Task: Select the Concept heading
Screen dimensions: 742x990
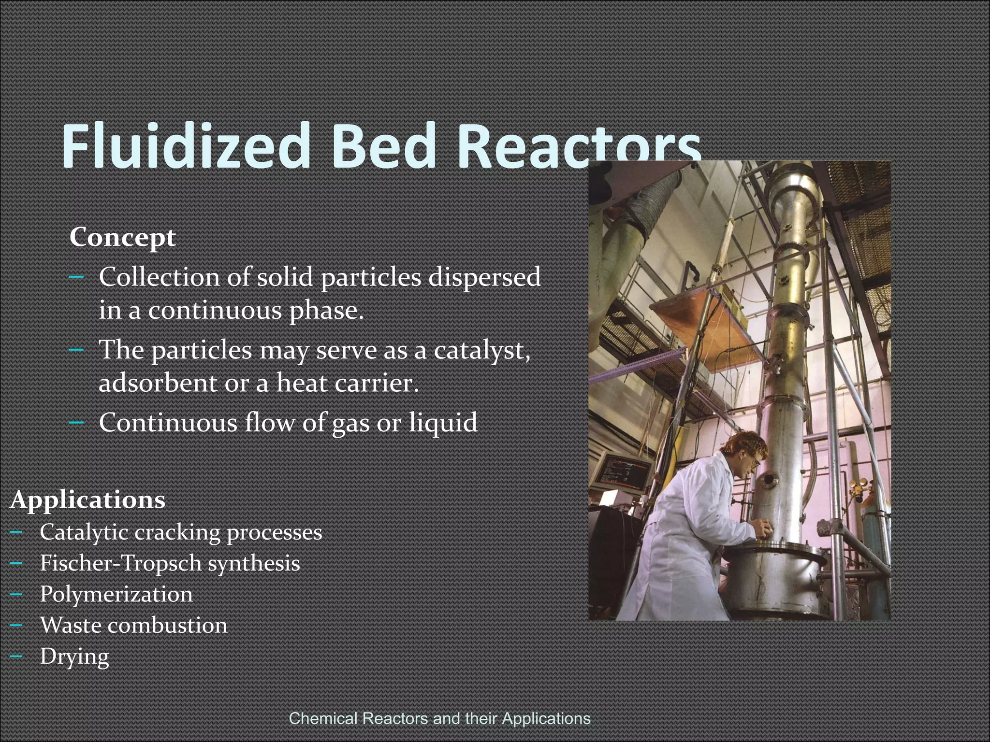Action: coord(122,237)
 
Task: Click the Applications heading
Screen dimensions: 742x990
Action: coord(87,499)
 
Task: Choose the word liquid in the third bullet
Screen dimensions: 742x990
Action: coord(443,422)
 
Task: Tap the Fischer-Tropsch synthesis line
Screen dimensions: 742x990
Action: coord(170,563)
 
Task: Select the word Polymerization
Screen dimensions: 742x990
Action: coord(116,594)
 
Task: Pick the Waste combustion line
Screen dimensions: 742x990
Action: coord(133,625)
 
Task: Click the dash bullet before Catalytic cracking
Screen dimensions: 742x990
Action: coord(16,533)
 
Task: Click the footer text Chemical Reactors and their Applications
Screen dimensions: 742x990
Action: coord(439,718)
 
